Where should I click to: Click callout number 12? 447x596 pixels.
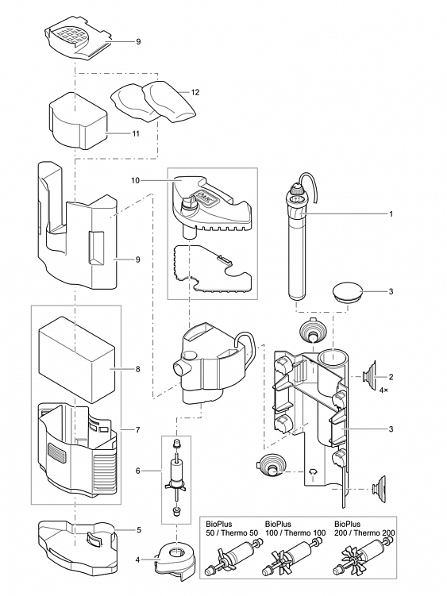click(195, 92)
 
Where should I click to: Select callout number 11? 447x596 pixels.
click(136, 134)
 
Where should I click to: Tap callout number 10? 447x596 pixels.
click(136, 181)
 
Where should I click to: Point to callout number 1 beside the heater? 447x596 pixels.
click(391, 214)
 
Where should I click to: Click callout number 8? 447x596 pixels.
click(137, 369)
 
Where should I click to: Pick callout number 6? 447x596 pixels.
click(137, 471)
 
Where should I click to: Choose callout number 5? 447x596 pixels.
click(138, 529)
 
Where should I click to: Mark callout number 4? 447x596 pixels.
click(137, 559)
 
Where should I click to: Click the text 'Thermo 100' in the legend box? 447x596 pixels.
click(306, 533)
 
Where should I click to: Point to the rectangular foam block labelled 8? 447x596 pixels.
click(77, 359)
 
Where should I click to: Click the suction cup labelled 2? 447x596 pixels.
click(368, 376)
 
